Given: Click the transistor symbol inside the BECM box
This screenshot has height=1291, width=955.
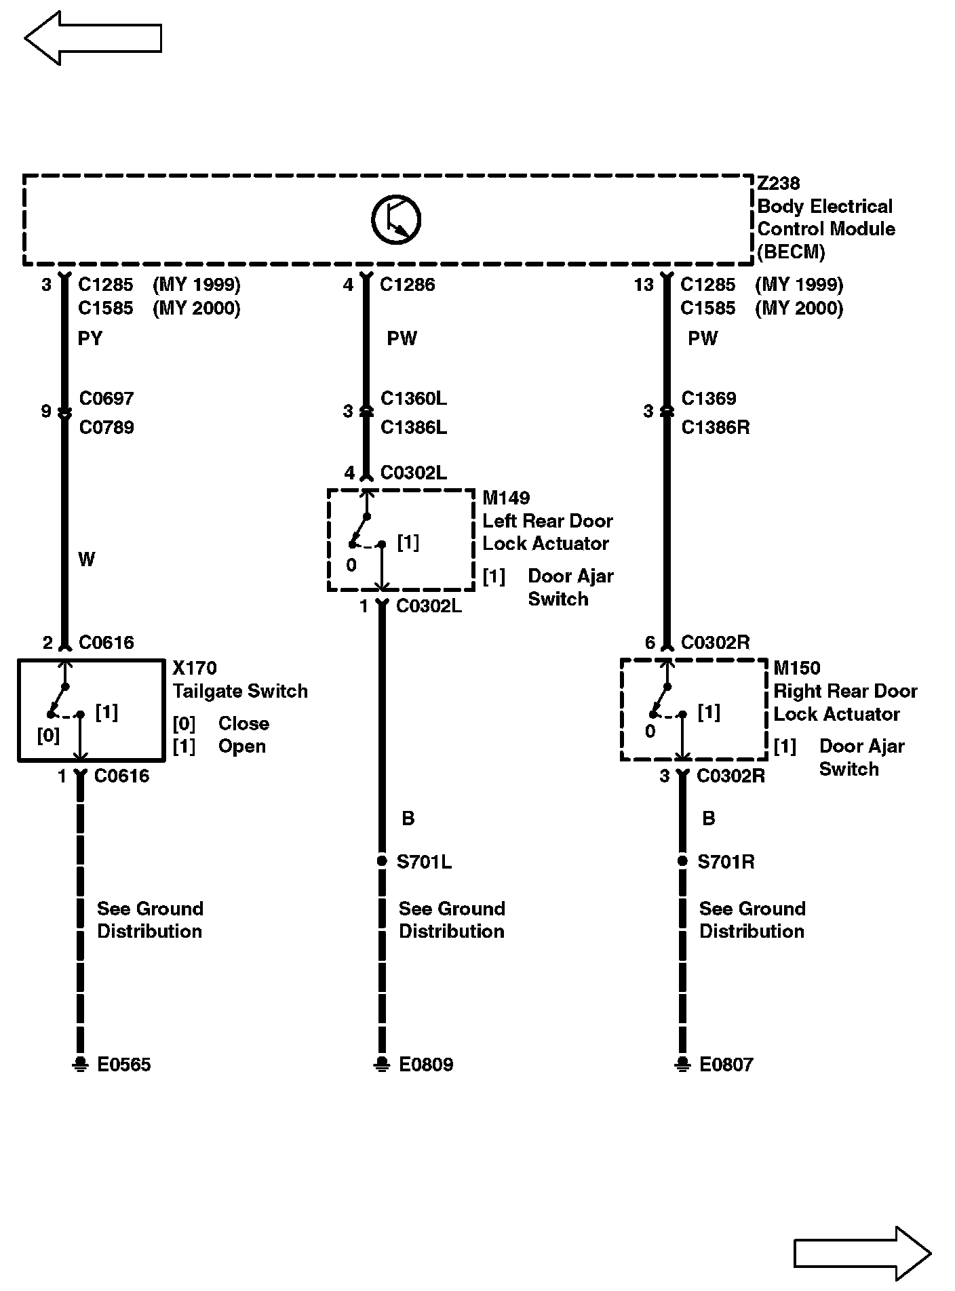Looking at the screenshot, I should coord(396,219).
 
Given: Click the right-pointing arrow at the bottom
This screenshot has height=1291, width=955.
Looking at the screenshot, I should coord(862,1254).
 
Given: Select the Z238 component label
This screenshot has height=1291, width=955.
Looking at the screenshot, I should coord(778,183).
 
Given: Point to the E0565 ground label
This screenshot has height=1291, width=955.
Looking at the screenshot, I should coord(124,1065).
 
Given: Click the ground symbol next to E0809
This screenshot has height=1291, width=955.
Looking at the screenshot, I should coord(382,1064).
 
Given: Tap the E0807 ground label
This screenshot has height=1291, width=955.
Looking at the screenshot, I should coord(726,1065).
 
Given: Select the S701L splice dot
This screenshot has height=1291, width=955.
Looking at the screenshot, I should coord(382,862).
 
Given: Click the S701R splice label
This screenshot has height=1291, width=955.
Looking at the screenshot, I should coord(726,862).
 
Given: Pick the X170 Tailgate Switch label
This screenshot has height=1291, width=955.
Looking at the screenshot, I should coord(240,680).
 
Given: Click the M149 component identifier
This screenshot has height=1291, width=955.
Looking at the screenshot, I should coord(506,498).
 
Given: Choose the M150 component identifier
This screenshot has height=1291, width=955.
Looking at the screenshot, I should coord(797,668).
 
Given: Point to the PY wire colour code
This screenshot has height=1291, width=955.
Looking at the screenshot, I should coord(90,338).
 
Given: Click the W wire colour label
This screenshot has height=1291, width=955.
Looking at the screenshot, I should coord(87,559).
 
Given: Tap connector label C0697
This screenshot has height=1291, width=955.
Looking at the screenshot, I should coord(106,398).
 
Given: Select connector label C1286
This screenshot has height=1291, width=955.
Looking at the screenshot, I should coord(408,285).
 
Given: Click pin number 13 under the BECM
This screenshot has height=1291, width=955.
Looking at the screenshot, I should coord(644,285).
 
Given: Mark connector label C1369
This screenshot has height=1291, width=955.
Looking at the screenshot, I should coord(708,398).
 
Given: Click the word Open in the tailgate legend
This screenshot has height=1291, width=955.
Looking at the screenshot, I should coord(241,747).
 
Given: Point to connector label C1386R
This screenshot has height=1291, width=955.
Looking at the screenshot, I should coord(716,428).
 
